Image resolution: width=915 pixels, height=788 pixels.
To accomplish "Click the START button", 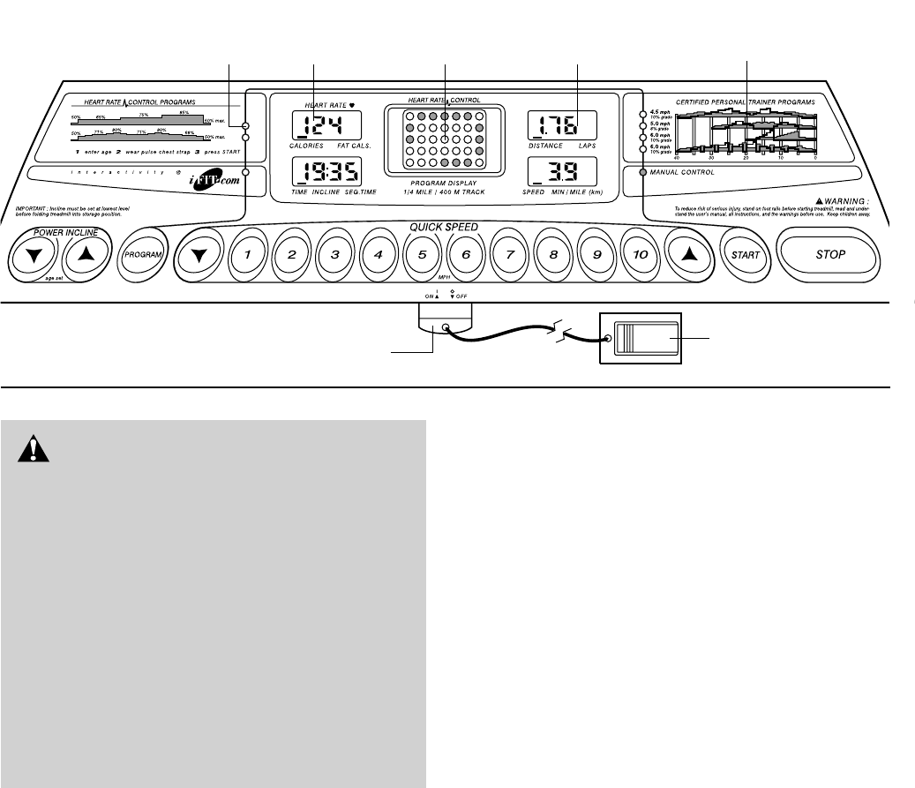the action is pos(743,255).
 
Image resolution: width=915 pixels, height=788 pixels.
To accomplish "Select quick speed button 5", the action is pos(422,255).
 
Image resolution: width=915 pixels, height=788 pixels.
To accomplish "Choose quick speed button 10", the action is pos(640,255).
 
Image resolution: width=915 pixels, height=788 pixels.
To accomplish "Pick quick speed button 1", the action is pos(248,255).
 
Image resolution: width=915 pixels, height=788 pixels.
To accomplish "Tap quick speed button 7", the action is pos(509,255).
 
